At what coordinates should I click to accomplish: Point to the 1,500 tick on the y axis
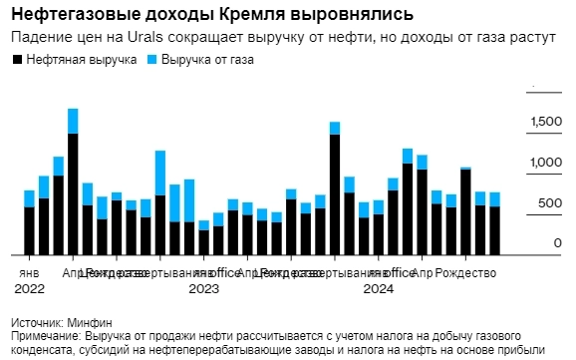(545, 122)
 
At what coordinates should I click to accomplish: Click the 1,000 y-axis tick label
(545, 163)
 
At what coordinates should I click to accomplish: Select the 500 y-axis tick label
(550, 203)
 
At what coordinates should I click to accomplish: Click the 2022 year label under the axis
(29, 289)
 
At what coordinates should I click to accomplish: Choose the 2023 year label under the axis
(203, 289)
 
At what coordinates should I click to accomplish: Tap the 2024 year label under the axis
(378, 289)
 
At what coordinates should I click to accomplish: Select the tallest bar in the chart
(73, 180)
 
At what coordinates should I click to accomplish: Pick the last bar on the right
(494, 223)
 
